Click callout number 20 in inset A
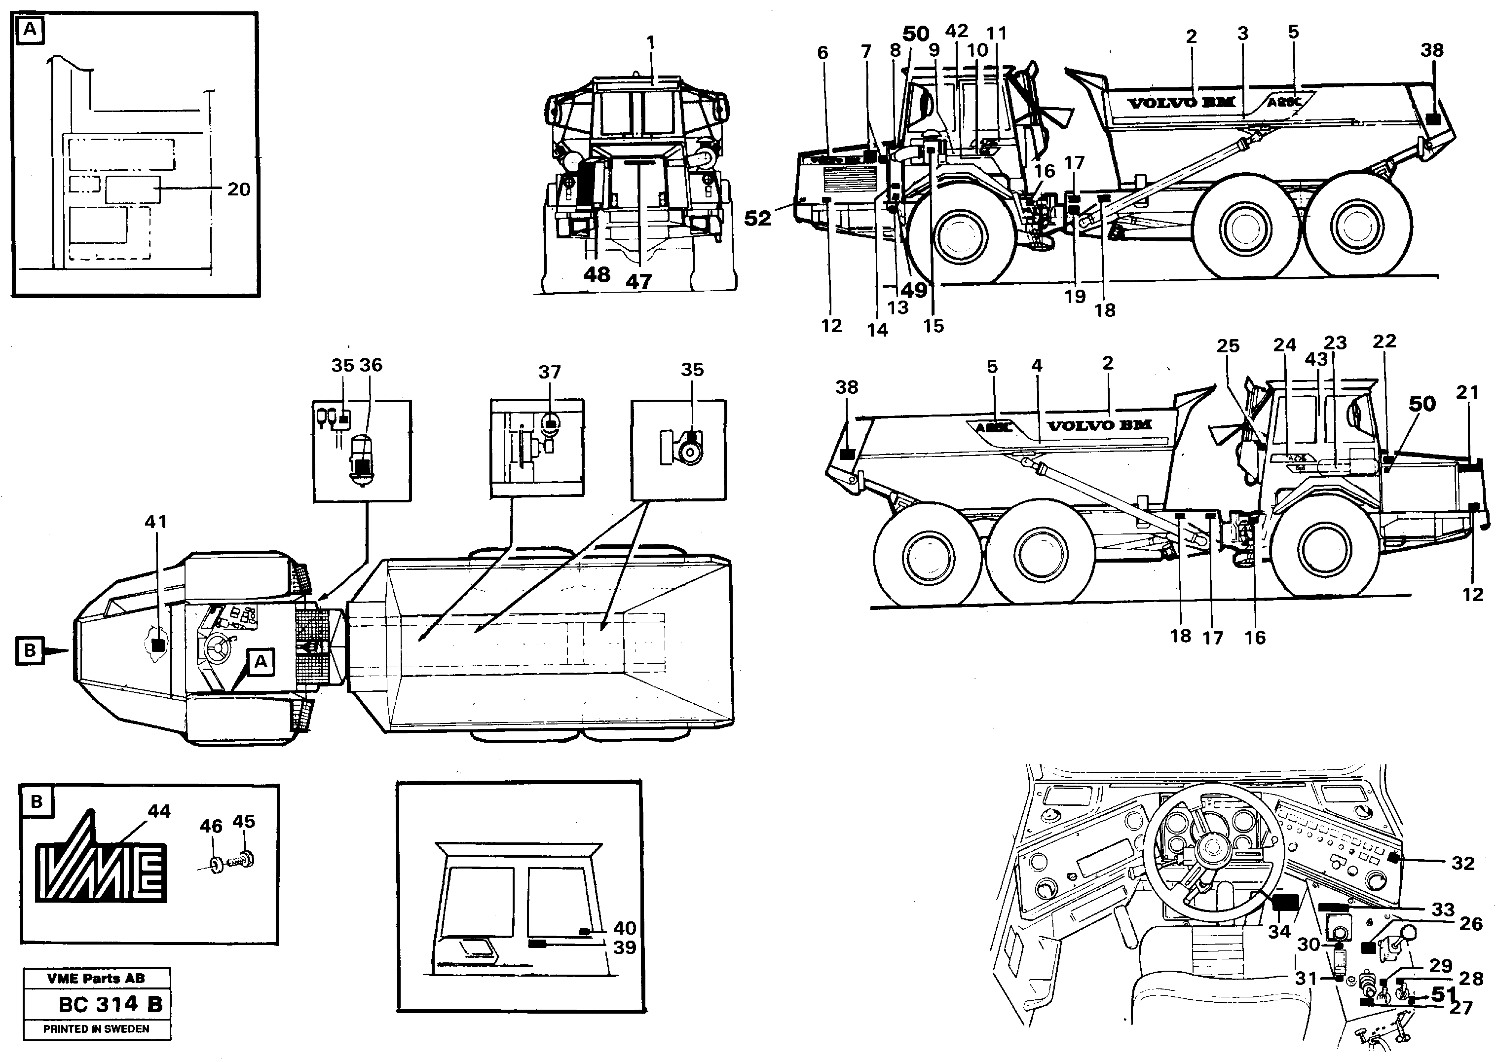[x=239, y=190]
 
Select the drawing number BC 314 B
[x=110, y=1004]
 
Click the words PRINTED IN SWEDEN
[x=96, y=1028]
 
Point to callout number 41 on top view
[x=155, y=522]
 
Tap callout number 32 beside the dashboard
[x=1463, y=863]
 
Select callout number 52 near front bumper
[x=758, y=219]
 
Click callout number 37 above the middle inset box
[x=549, y=372]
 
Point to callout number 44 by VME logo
[x=159, y=811]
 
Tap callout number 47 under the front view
[x=639, y=282]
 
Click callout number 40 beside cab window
[x=625, y=928]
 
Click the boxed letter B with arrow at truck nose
[x=30, y=650]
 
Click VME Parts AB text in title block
[x=96, y=978]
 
